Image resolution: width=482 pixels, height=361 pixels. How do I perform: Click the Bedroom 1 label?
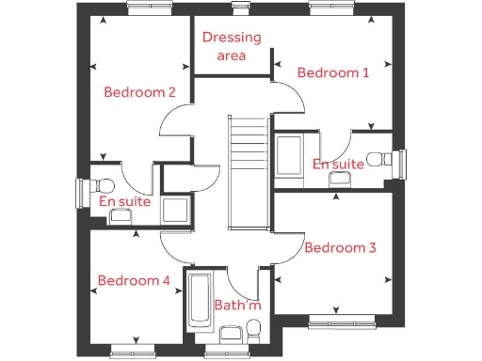click(x=333, y=72)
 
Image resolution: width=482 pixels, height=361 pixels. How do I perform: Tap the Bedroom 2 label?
click(x=140, y=92)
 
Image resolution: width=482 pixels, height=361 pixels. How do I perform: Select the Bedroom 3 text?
click(x=341, y=247)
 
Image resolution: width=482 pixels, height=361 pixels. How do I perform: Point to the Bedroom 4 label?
click(x=134, y=280)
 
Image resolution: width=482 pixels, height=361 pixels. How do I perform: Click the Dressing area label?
click(x=232, y=47)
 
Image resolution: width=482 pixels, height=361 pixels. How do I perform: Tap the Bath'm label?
click(x=236, y=306)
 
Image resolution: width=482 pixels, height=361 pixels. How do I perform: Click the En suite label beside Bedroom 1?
click(x=338, y=165)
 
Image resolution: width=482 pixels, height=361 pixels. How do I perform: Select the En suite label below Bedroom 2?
click(x=124, y=200)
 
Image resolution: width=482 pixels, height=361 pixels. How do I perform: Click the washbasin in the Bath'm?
click(x=229, y=334)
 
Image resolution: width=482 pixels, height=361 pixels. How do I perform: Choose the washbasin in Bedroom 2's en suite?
click(x=120, y=216)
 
